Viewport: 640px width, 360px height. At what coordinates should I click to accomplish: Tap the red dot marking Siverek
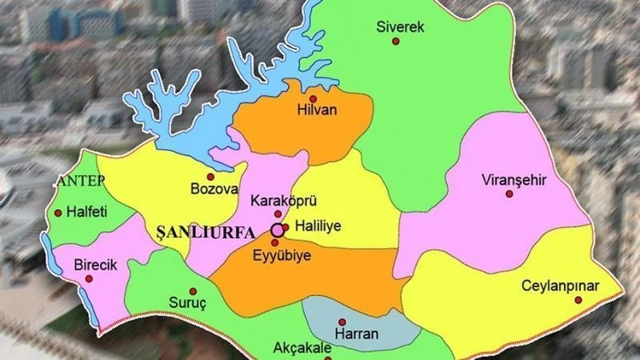[394, 42]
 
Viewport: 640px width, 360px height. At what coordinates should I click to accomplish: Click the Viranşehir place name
[514, 180]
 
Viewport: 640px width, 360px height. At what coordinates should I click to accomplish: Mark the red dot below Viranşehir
[509, 194]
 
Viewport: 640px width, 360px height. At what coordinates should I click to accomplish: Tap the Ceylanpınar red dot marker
[578, 301]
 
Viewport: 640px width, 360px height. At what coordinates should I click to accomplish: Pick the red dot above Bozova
[210, 176]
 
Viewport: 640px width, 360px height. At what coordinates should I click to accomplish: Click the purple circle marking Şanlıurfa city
[277, 230]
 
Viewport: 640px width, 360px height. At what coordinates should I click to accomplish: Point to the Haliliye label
[318, 226]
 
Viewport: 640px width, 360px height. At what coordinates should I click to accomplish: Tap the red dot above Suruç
[192, 291]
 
